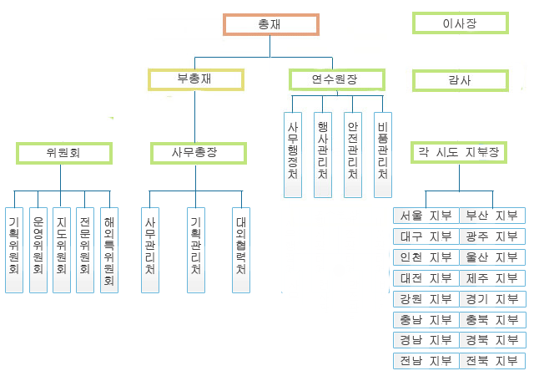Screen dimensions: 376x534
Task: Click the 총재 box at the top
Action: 270,25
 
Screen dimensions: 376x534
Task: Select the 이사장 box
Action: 460,23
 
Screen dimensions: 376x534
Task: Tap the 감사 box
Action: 460,80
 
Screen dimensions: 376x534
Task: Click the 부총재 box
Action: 196,79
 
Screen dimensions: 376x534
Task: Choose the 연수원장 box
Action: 336,79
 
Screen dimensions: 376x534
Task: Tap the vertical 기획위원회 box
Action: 13,249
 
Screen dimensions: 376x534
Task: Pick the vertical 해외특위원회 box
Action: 108,249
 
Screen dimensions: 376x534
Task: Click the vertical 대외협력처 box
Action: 240,249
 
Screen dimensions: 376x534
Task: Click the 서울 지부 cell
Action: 426,216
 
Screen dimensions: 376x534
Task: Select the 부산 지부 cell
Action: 492,216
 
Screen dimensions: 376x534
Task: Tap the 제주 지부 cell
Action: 492,278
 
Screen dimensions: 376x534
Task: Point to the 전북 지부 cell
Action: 492,361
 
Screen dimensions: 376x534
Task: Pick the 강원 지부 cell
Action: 426,299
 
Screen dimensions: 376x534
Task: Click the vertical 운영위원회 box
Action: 38,249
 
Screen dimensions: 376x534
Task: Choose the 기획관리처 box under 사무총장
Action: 195,249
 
